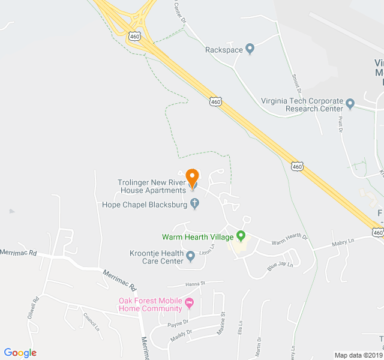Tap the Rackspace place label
(x=224, y=50)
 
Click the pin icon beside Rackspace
(x=250, y=49)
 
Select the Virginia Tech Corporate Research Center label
(x=302, y=104)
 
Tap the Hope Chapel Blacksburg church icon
(x=194, y=205)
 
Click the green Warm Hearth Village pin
(x=241, y=236)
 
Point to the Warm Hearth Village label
(x=197, y=237)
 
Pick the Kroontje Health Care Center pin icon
(x=191, y=257)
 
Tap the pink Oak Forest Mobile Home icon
(x=190, y=302)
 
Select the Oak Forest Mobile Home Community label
(x=150, y=305)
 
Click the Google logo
(x=20, y=353)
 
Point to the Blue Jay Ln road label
(x=280, y=265)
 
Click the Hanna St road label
(x=194, y=283)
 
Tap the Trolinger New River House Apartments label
(x=152, y=186)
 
